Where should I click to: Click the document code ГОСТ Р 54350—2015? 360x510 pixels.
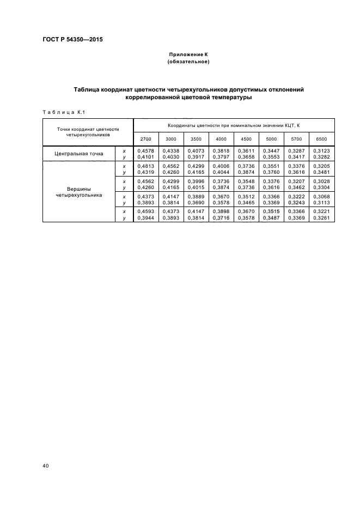pyautogui.click(x=72, y=40)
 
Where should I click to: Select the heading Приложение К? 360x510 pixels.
pyautogui.click(x=188, y=55)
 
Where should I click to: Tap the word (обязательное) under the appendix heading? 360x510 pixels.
pyautogui.click(x=188, y=62)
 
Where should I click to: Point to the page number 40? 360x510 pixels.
pyautogui.click(x=46, y=466)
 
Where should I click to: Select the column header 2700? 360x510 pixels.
pyautogui.click(x=145, y=139)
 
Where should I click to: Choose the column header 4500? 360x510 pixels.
pyautogui.click(x=246, y=139)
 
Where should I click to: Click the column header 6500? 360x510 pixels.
pyautogui.click(x=321, y=139)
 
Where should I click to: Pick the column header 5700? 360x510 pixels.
pyautogui.click(x=296, y=139)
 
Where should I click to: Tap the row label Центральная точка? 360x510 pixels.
pyautogui.click(x=78, y=154)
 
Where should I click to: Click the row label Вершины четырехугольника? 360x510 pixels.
pyautogui.click(x=78, y=192)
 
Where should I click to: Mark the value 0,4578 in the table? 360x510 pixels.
pyautogui.click(x=145, y=150)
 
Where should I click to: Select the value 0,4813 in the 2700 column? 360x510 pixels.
pyautogui.click(x=145, y=166)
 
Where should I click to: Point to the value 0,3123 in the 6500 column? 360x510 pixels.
pyautogui.click(x=321, y=150)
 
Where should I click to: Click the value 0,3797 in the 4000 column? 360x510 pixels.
pyautogui.click(x=221, y=157)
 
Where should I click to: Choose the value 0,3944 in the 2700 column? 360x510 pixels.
pyautogui.click(x=145, y=217)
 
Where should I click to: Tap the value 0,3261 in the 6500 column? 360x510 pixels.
pyautogui.click(x=321, y=217)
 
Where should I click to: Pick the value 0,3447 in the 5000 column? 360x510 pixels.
pyautogui.click(x=271, y=150)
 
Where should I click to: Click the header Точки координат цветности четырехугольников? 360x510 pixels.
pyautogui.click(x=88, y=131)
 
